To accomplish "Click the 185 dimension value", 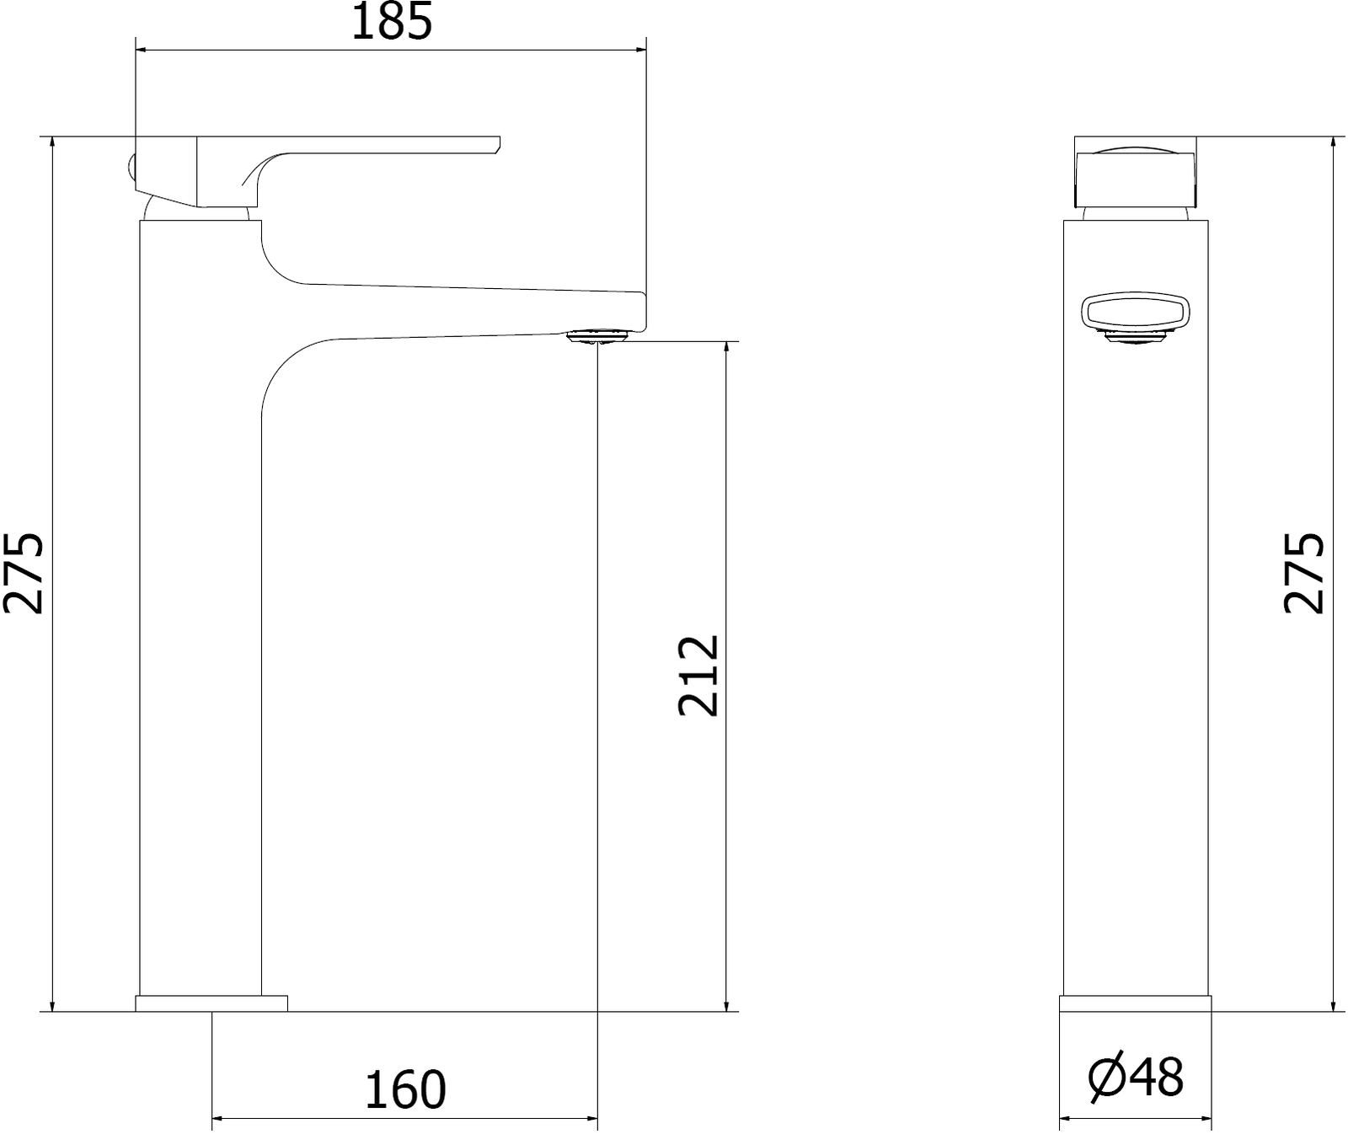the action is [x=391, y=22].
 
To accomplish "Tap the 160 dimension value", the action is [x=404, y=1090].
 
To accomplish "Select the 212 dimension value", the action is [x=698, y=676].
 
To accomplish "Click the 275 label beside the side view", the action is [x=1304, y=572].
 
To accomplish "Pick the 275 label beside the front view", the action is [x=23, y=572].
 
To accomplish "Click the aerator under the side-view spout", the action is [x=597, y=338].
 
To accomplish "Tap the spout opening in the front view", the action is [x=1136, y=313].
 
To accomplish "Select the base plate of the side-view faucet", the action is [x=211, y=1003].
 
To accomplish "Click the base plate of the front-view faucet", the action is [x=1136, y=1003].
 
